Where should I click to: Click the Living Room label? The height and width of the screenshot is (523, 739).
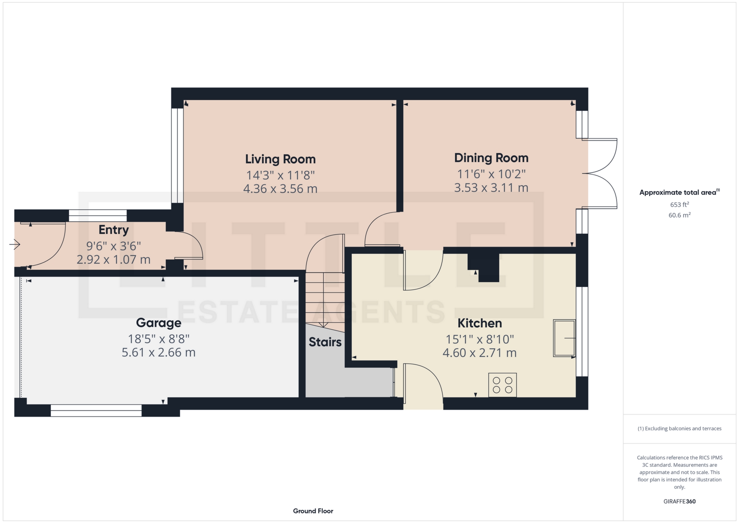pos(280,159)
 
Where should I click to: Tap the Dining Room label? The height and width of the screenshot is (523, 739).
pos(491,158)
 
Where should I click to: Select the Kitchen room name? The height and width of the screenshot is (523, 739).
pos(480,323)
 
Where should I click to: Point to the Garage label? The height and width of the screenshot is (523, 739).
pos(159,323)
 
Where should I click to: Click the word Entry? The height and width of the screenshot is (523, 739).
pos(114,230)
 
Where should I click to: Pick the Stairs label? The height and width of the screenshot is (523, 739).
pos(325,342)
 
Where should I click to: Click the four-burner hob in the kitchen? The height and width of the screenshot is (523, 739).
pos(502,385)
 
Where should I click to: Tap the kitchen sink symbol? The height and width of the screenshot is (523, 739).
pos(564,338)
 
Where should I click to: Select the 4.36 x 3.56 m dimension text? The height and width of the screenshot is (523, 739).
pos(280,189)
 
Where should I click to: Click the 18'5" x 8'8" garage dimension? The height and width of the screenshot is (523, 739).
pos(159,339)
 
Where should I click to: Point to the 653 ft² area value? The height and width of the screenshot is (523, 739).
pos(679,205)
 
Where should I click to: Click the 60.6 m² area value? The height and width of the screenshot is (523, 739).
pos(679,215)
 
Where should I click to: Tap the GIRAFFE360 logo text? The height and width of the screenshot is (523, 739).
pos(679,501)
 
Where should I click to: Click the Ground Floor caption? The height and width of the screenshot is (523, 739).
pos(313,511)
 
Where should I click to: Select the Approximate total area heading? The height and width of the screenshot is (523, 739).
pos(679,192)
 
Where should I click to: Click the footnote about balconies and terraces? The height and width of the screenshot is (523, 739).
pos(679,429)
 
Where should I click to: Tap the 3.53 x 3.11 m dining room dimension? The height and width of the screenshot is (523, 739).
pos(491,188)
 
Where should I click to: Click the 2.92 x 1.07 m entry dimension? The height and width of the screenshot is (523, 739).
pos(114,260)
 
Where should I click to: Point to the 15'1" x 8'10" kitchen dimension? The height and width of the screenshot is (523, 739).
pos(480,339)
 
